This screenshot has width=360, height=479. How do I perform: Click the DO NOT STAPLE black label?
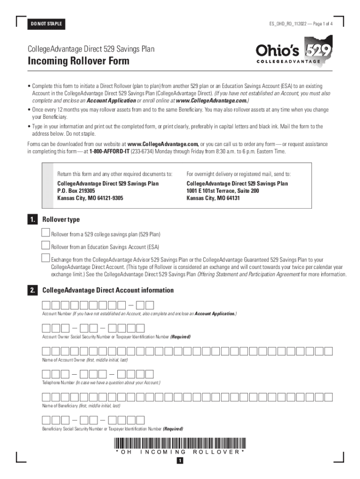(46, 24)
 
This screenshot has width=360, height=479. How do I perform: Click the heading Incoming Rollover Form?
(79, 61)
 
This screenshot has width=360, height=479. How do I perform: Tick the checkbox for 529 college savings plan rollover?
(45, 233)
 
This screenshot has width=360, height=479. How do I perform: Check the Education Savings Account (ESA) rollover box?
(45, 246)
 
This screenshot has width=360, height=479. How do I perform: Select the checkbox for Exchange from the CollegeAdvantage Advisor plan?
(45, 258)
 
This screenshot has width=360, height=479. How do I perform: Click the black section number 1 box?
(32, 219)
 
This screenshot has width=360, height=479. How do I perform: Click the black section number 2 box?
(32, 290)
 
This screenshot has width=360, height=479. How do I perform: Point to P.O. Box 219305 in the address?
(76, 191)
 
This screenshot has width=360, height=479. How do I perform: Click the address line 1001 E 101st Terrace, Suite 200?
(223, 191)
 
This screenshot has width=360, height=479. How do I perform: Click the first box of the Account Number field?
(46, 305)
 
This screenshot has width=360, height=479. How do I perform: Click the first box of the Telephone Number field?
(46, 374)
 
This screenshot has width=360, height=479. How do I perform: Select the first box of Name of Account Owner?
(46, 351)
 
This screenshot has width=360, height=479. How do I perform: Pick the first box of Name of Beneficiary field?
(46, 397)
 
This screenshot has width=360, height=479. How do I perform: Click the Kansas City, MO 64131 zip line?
(213, 198)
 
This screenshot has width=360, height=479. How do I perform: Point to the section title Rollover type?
(61, 219)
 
